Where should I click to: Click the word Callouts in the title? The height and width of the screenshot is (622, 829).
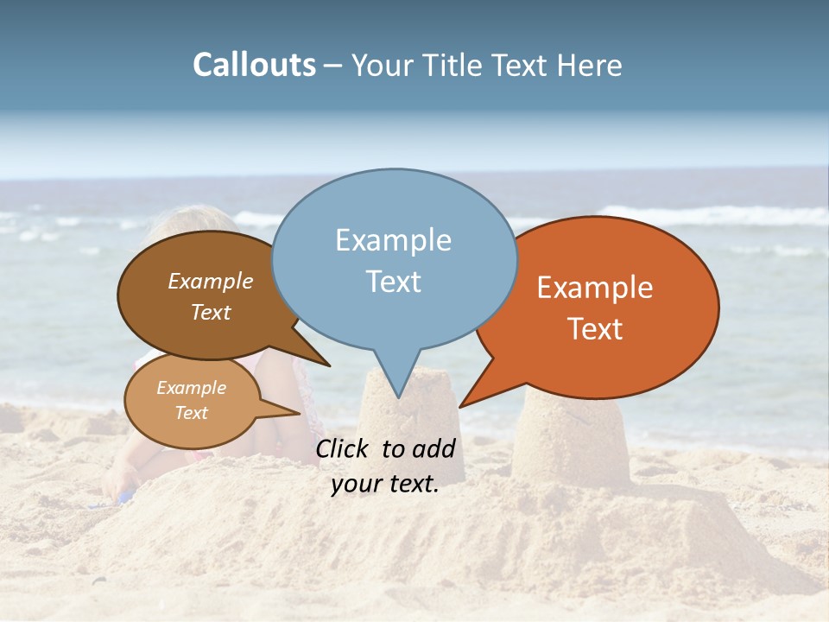click(254, 65)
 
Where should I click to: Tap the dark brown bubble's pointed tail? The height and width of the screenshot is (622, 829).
click(324, 362)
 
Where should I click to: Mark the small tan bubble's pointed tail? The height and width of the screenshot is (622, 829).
click(294, 413)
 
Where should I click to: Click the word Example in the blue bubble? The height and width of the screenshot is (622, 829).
click(393, 240)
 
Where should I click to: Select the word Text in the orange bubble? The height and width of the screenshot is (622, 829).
click(595, 329)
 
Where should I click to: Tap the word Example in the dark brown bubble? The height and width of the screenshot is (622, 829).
click(210, 281)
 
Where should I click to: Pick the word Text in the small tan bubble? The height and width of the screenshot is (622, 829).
click(192, 413)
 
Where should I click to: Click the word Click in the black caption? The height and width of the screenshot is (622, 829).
click(345, 448)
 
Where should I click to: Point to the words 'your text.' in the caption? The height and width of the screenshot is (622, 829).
click(385, 484)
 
